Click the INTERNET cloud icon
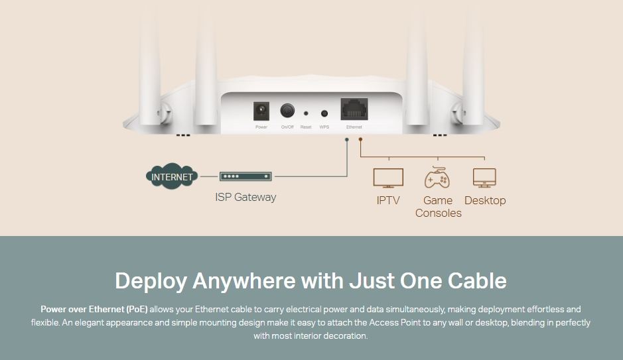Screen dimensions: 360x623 click(171, 177)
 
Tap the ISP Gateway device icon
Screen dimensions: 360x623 click(246, 177)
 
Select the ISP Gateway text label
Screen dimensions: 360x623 click(245, 197)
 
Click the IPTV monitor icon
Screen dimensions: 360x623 click(388, 178)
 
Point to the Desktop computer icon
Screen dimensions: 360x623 click(484, 178)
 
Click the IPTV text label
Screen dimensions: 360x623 click(388, 200)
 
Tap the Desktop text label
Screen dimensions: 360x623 click(485, 200)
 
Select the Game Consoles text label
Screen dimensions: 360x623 click(438, 207)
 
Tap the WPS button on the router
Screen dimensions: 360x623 click(324, 113)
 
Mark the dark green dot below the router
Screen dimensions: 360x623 click(347, 139)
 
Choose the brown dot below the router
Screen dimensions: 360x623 click(360, 139)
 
